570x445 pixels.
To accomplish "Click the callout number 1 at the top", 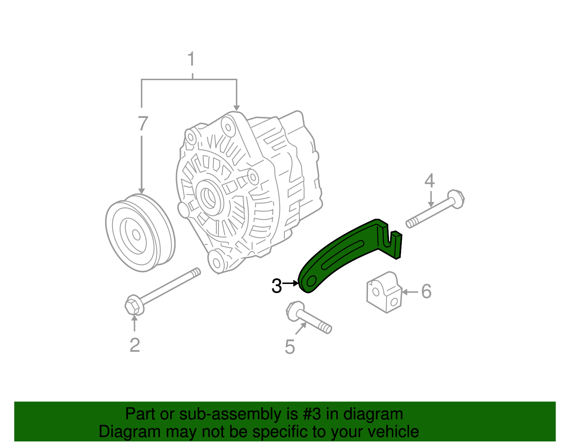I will point(191,59).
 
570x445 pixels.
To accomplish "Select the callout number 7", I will point(142,124).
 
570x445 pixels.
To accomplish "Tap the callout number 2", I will point(135,345).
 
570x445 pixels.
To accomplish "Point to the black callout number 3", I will point(276,286).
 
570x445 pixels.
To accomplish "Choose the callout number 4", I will point(430,181).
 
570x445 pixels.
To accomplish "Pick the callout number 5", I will point(290,347).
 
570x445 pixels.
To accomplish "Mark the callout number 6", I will point(426,291).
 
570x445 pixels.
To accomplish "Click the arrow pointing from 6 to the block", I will point(410,292).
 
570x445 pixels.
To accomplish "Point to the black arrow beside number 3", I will point(291,283).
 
